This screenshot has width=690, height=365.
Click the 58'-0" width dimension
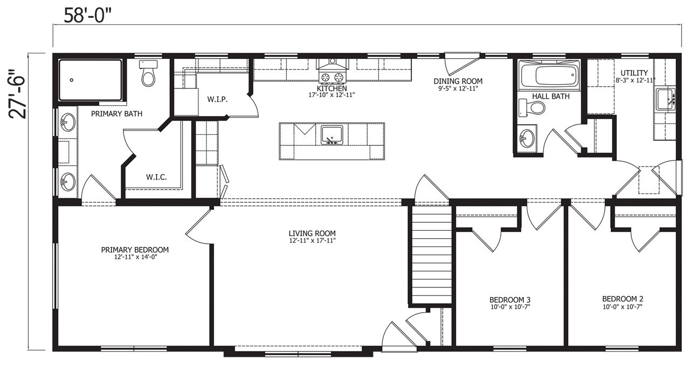[x=87, y=16]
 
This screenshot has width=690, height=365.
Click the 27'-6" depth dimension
[x=17, y=94]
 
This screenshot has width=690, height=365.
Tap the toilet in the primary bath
[x=148, y=73]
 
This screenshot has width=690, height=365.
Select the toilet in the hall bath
[x=532, y=107]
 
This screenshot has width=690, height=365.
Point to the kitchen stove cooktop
[x=332, y=77]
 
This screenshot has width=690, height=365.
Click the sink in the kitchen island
[x=332, y=135]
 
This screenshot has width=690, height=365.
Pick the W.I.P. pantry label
[x=217, y=100]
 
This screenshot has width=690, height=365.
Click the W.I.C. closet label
[x=156, y=177]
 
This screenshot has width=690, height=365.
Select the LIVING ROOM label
[x=312, y=233]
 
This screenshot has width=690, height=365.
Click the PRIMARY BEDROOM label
[x=135, y=250]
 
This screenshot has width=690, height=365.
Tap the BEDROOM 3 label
[x=510, y=300]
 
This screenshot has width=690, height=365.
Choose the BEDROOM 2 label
[x=623, y=299]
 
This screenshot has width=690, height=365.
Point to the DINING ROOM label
[x=458, y=81]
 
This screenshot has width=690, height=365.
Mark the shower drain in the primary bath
[x=72, y=80]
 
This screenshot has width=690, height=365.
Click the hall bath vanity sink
[x=527, y=139]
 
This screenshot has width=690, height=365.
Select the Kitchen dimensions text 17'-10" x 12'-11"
[x=332, y=95]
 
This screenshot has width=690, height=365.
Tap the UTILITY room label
[x=633, y=73]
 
